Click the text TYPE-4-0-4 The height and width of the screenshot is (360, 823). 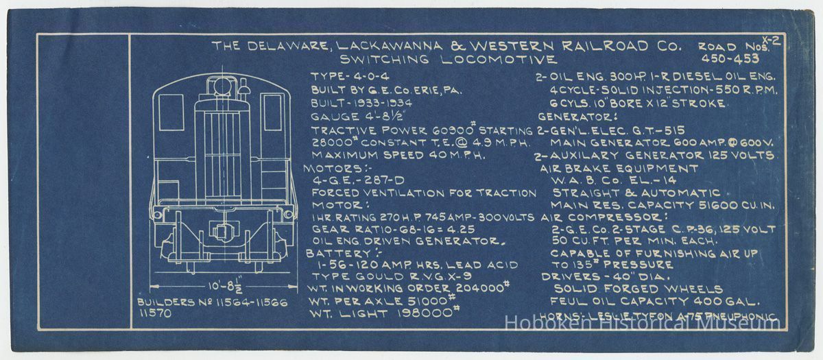[x=348, y=75]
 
